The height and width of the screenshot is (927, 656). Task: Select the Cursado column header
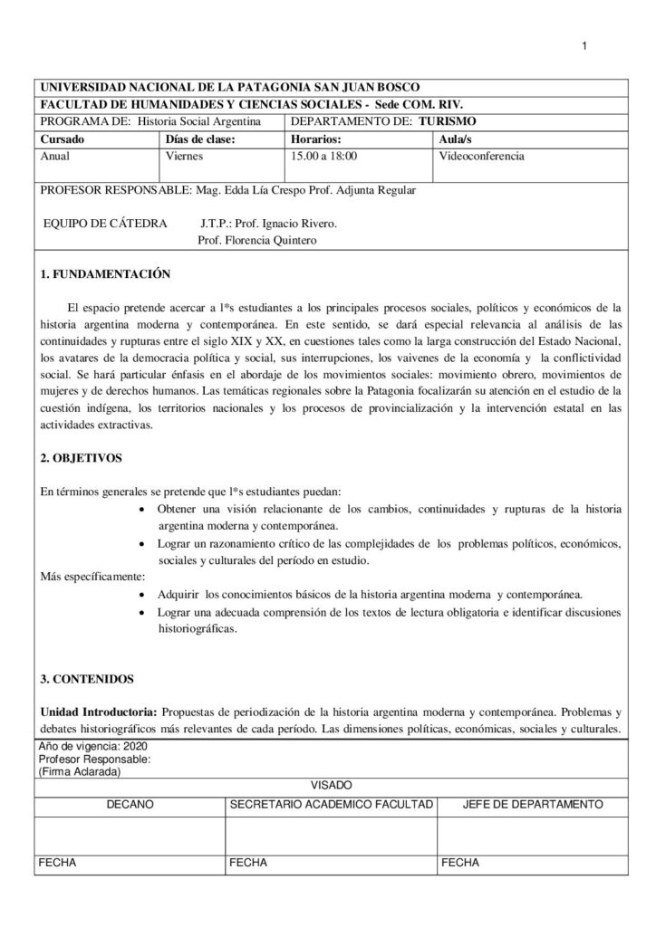pyautogui.click(x=63, y=139)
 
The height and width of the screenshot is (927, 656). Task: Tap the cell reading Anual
pyautogui.click(x=55, y=156)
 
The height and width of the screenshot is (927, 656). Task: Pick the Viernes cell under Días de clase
pyautogui.click(x=184, y=156)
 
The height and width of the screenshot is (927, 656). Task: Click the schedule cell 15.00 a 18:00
pyautogui.click(x=323, y=156)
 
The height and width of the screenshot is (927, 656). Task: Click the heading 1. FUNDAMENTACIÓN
pyautogui.click(x=105, y=273)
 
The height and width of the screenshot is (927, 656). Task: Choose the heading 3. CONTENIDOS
pyautogui.click(x=87, y=678)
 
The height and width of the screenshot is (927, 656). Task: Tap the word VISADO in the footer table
pyautogui.click(x=331, y=785)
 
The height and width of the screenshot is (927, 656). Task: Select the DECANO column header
pyautogui.click(x=130, y=804)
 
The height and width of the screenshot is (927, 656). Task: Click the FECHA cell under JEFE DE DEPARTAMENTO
pyautogui.click(x=459, y=863)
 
